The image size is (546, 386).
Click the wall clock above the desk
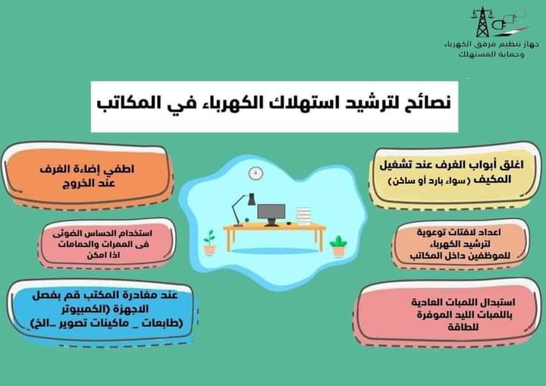click(256, 173)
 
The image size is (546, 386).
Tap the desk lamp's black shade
click(251, 199)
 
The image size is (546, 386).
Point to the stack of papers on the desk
click(303, 216)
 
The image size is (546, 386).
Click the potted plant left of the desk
click(209, 242)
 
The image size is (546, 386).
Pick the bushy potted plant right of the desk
click(338, 246)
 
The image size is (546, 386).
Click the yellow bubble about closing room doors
click(455, 175)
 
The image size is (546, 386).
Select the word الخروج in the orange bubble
click(74, 184)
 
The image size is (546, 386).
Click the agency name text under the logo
click(491, 49)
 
